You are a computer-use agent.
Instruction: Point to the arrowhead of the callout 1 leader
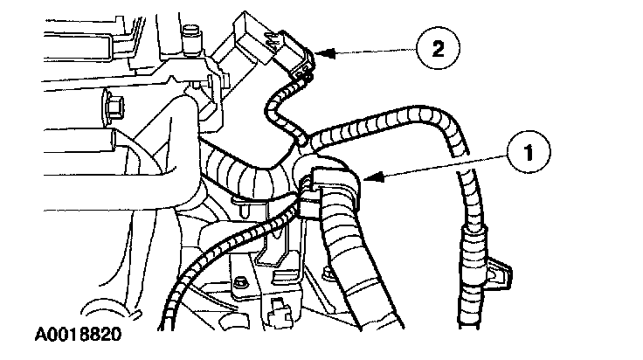click(x=365, y=181)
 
